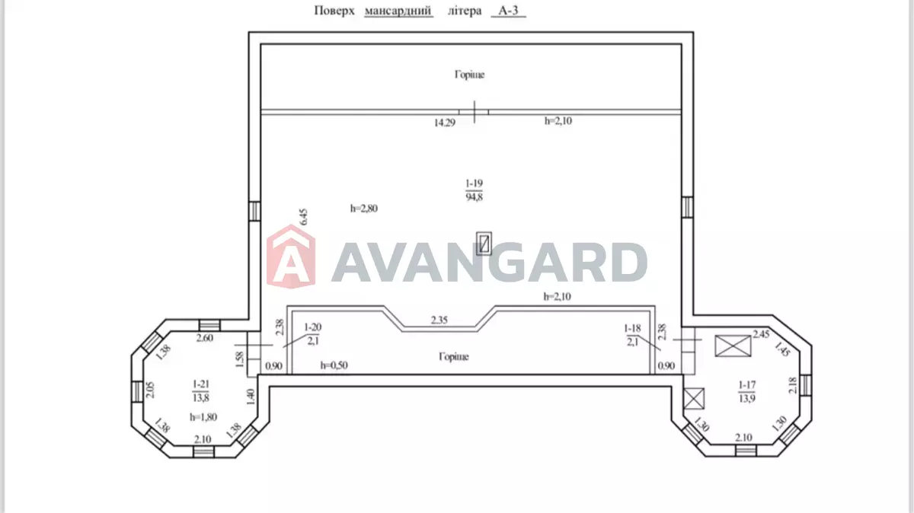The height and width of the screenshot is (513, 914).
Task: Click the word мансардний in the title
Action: tap(398, 11)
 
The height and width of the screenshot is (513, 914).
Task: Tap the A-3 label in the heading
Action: tap(508, 11)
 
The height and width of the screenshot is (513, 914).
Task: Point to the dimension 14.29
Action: tap(444, 123)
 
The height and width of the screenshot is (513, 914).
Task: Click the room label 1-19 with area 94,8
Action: tap(474, 190)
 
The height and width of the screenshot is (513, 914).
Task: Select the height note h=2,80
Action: tap(363, 209)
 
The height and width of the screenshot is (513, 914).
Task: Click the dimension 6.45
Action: tap(303, 217)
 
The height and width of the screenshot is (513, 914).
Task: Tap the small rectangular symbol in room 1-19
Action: tap(484, 244)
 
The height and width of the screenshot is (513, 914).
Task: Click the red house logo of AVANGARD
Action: tap(291, 256)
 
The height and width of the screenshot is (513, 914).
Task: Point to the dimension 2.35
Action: tap(439, 320)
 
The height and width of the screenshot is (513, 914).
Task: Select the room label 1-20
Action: tap(312, 327)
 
